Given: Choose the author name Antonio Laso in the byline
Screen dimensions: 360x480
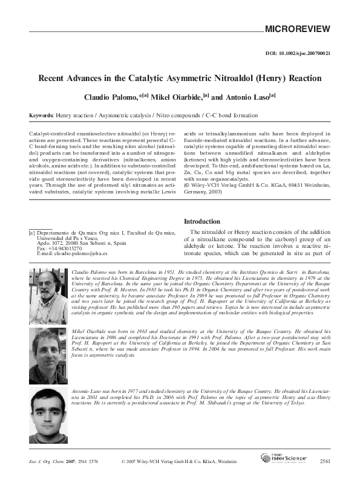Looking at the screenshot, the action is pos(245,96).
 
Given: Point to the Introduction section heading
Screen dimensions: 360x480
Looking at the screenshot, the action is pos(206,221).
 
